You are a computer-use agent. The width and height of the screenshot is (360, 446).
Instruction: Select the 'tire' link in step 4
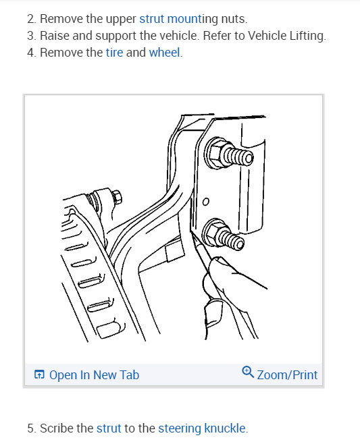click(115, 52)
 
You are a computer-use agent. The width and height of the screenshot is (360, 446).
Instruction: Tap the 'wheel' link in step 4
click(165, 52)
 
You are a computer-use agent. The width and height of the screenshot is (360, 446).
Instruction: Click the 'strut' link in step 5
click(108, 428)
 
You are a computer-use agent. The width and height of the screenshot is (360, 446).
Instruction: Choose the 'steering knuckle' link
click(202, 428)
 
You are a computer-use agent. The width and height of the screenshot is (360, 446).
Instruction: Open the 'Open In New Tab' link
click(94, 374)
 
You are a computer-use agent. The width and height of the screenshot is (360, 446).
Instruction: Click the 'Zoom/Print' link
click(286, 374)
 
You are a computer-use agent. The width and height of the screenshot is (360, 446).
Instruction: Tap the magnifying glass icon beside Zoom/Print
click(248, 372)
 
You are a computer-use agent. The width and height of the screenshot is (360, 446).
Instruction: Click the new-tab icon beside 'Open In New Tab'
click(39, 374)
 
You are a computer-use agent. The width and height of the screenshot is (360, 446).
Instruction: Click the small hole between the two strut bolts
click(206, 200)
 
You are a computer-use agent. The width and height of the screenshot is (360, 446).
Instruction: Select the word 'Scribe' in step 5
click(57, 428)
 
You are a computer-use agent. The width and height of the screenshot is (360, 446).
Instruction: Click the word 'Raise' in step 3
click(55, 36)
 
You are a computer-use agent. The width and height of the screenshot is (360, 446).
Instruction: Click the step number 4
click(30, 52)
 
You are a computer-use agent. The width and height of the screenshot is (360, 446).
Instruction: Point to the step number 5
click(30, 428)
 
